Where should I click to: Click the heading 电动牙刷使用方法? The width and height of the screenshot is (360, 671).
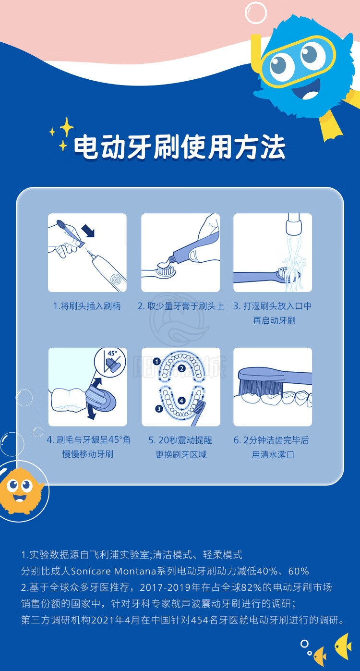pyautogui.click(x=180, y=147)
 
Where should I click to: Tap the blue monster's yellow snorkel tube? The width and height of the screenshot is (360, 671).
pyautogui.click(x=256, y=54)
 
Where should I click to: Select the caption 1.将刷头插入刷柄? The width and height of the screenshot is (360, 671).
pyautogui.click(x=87, y=306)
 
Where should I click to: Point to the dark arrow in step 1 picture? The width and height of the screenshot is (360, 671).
pyautogui.click(x=88, y=231)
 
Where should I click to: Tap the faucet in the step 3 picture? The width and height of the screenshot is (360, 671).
pyautogui.click(x=293, y=224)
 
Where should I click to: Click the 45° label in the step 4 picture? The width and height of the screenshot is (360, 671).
pyautogui.click(x=112, y=354)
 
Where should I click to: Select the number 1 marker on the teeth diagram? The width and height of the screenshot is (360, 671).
pyautogui.click(x=157, y=362)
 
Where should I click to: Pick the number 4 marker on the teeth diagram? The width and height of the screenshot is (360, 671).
pyautogui.click(x=181, y=401)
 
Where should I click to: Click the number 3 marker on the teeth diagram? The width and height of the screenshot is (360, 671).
pyautogui.click(x=158, y=409)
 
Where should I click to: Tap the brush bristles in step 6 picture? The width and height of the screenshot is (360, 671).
pyautogui.click(x=260, y=388)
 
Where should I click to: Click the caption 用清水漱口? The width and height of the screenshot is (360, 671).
pyautogui.click(x=273, y=455)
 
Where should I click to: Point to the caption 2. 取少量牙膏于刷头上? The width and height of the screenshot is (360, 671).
pyautogui.click(x=181, y=306)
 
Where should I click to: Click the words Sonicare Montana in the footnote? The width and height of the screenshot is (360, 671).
pyautogui.click(x=113, y=571)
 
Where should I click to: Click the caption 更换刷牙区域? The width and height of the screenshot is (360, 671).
pyautogui.click(x=181, y=455)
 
